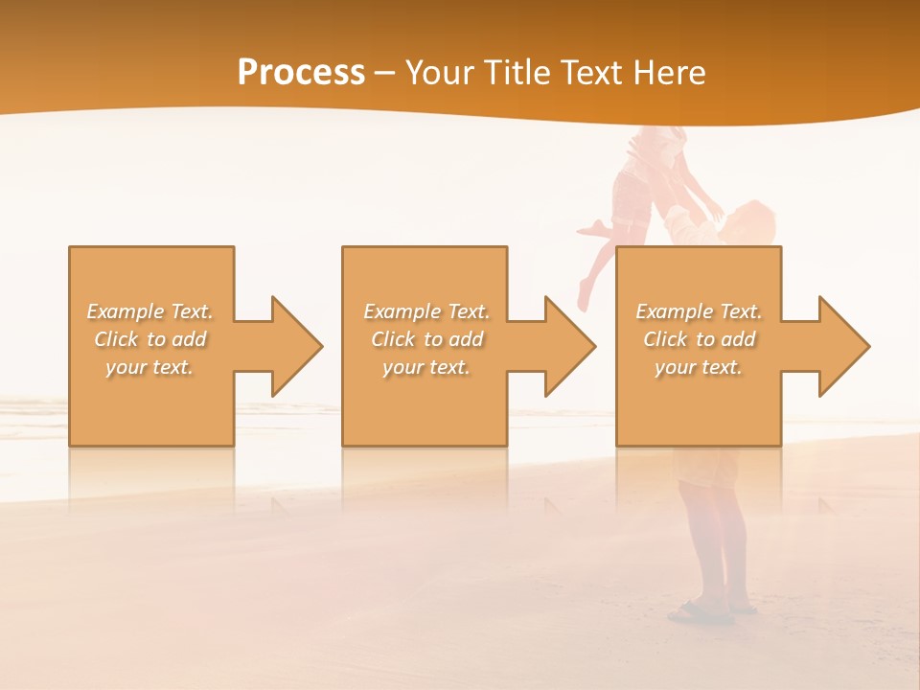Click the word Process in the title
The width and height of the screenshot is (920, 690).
point(301,73)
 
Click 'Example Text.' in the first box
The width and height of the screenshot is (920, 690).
point(150,311)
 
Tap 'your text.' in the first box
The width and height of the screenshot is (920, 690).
point(150,367)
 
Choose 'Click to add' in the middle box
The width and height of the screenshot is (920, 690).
point(426,339)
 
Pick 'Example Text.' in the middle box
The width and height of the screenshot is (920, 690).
point(426,311)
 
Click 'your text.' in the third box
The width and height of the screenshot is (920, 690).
point(699,367)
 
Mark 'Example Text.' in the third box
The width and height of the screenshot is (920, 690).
point(699,311)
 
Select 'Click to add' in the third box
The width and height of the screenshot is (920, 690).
point(699,339)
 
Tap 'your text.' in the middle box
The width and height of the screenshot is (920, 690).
point(426,367)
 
